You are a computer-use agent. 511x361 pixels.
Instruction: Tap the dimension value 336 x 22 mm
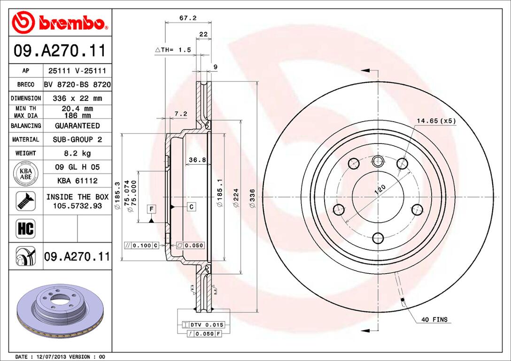(77, 98)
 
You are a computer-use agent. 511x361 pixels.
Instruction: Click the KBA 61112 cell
(77, 180)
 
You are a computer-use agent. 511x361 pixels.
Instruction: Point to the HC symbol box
(26, 229)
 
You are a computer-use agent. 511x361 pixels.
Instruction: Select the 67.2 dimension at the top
(188, 18)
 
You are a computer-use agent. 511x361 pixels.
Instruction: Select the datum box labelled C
(192, 207)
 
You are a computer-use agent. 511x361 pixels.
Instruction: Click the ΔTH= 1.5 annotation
(173, 49)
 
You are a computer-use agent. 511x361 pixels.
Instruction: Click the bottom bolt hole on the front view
(378, 238)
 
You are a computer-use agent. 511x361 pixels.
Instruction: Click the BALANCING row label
(26, 126)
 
